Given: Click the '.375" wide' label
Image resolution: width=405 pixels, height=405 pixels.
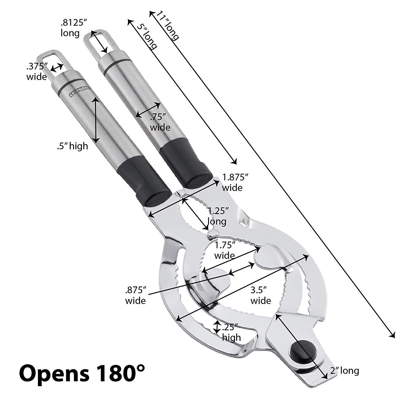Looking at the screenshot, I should tap(37, 72).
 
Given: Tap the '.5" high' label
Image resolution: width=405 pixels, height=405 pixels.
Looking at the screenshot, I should tap(72, 146).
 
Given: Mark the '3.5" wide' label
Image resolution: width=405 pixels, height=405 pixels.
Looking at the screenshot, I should tap(261, 296).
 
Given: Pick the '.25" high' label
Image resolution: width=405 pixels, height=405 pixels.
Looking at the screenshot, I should tap(231, 333).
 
